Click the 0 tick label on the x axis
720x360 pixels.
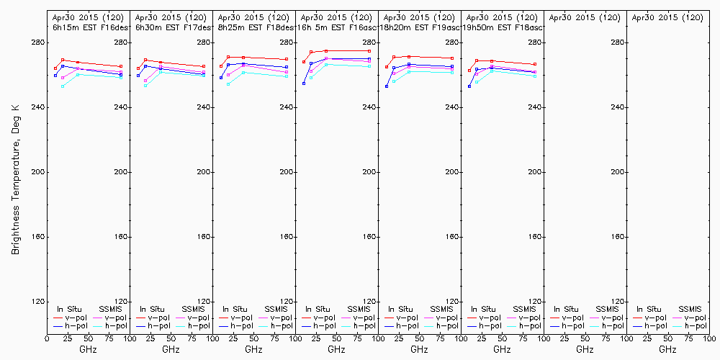(x=47, y=338)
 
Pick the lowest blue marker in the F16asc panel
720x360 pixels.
(x=304, y=84)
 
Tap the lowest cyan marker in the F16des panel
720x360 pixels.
(x=63, y=86)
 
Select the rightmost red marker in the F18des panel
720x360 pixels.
(x=287, y=59)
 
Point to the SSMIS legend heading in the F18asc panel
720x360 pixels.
(x=524, y=310)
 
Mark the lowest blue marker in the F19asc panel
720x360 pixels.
(x=387, y=86)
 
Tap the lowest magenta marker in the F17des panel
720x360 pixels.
(x=145, y=81)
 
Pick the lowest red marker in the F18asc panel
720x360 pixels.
(x=469, y=71)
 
